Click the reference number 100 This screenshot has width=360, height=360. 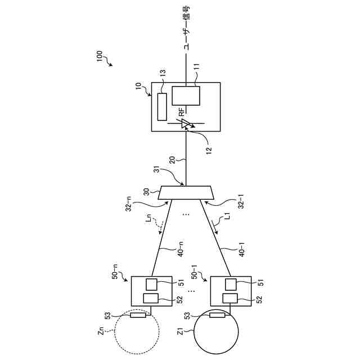point(99,57)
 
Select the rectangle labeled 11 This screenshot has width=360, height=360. point(186,96)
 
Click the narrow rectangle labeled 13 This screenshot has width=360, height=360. point(162,107)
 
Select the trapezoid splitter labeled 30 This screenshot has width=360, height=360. point(186,193)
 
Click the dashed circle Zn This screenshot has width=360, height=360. point(136,332)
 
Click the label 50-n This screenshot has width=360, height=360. point(116,276)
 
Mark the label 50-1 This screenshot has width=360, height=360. point(195,276)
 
